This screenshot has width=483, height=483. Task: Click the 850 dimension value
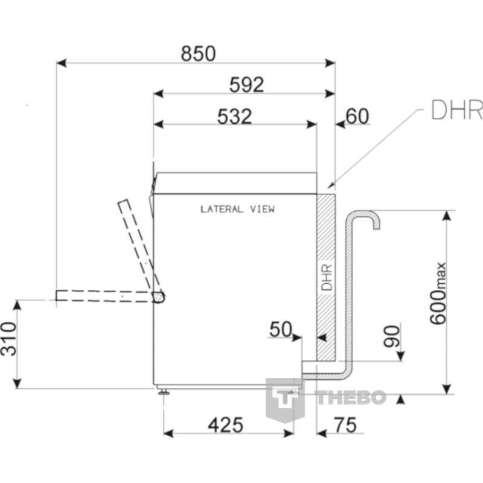tap(198, 54)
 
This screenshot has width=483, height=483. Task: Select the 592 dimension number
tap(247, 85)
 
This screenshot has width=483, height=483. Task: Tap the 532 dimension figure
tap(235, 117)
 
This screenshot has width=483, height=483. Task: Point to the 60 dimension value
tap(357, 116)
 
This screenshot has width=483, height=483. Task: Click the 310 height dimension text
tap(8, 339)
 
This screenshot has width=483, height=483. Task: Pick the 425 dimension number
tap(226, 425)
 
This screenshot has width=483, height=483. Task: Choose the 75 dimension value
tap(345, 425)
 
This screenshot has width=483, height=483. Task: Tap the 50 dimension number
tap(280, 329)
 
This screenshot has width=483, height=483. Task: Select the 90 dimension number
tap(392, 336)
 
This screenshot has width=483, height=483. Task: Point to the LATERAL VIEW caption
tap(237, 210)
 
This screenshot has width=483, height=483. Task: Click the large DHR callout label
tap(457, 110)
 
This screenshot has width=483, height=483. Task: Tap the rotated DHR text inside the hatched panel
tap(327, 278)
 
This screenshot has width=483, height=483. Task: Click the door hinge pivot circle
tap(158, 296)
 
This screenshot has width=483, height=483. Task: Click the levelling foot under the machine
tap(163, 392)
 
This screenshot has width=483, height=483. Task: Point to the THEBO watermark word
tap(351, 397)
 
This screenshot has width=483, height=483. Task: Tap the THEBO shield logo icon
tap(285, 400)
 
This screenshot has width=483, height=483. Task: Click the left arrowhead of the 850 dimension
tap(62, 63)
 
